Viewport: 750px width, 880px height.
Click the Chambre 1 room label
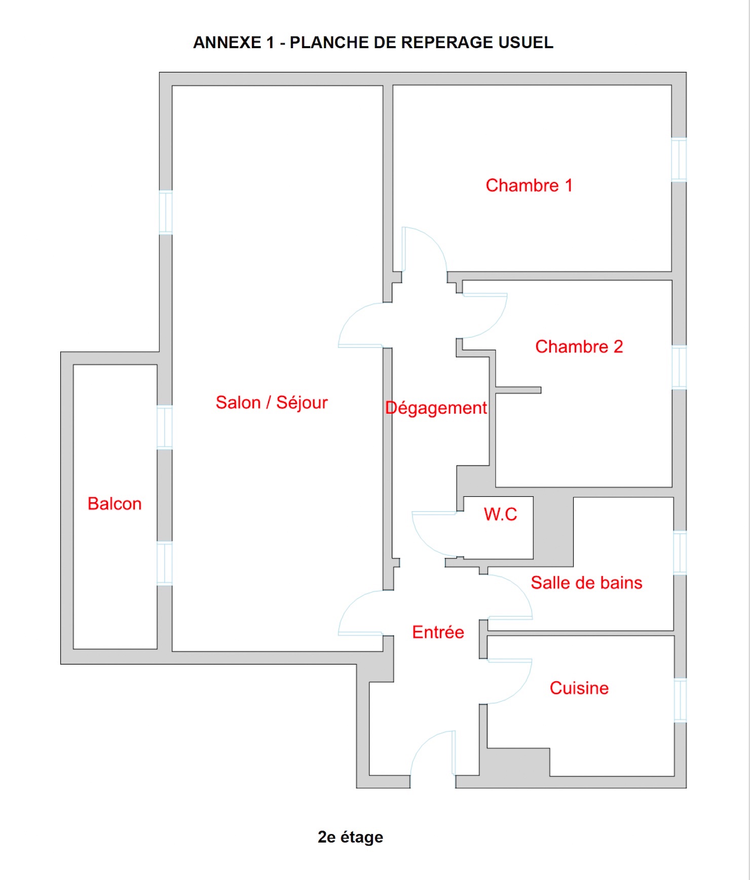click(x=529, y=186)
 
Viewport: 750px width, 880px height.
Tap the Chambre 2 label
click(x=579, y=347)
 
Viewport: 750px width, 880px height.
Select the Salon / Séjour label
click(x=272, y=403)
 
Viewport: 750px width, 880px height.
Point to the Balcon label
click(x=115, y=504)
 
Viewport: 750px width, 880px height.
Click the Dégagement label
click(x=436, y=409)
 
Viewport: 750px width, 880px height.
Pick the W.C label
click(x=501, y=515)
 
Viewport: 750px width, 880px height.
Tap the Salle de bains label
click(x=587, y=583)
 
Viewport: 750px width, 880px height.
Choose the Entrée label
click(x=438, y=632)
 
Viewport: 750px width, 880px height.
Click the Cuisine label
click(x=579, y=688)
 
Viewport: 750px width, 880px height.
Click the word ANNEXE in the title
click(x=227, y=43)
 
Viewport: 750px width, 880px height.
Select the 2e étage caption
click(x=350, y=837)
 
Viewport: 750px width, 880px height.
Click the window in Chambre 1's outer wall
click(x=679, y=160)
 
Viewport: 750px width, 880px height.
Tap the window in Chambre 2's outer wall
click(x=679, y=368)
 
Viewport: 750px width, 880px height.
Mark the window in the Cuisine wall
click(x=680, y=700)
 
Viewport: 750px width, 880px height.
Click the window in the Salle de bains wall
click(x=680, y=553)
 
